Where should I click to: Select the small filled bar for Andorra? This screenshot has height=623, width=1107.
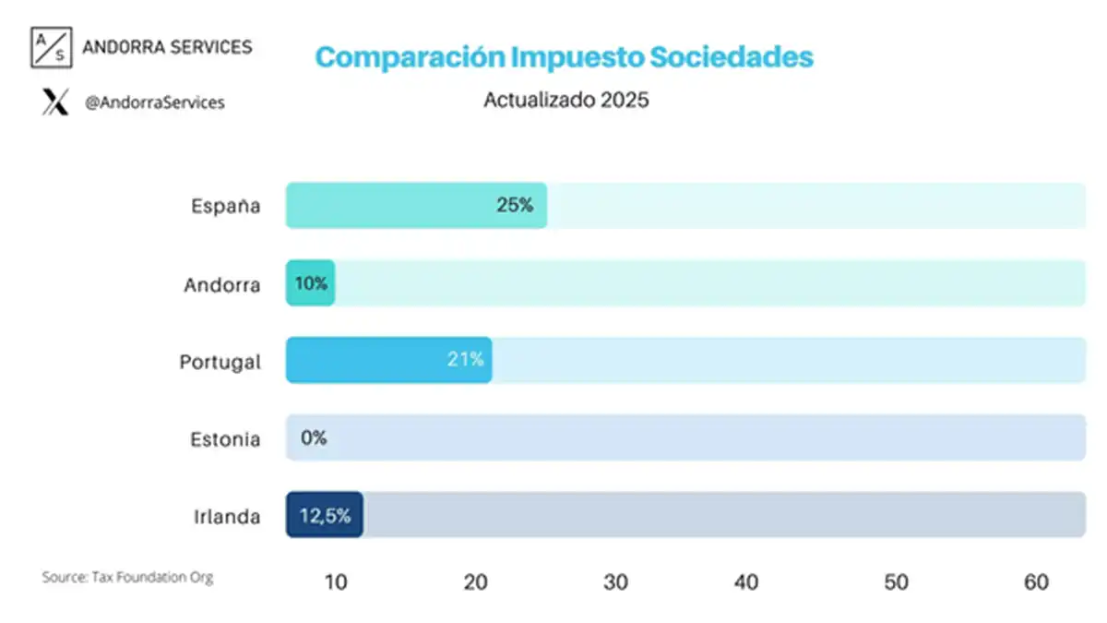coord(310,283)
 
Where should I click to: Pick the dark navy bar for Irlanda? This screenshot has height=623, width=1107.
coord(324,515)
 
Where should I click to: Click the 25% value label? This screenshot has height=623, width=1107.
coord(515,206)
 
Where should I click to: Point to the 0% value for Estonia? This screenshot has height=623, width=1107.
coord(314,438)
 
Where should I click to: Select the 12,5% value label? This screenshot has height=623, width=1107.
coord(325,516)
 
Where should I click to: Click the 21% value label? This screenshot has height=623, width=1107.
coord(465,360)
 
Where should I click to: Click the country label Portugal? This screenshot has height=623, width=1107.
coord(220,362)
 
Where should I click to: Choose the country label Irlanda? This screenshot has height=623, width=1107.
coord(226,517)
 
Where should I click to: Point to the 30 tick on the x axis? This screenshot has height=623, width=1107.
coord(615,582)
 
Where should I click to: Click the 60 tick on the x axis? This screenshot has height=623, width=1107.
coord(1036,582)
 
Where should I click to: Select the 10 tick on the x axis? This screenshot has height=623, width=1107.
coord(336,582)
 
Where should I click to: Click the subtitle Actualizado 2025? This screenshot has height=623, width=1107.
coord(565,101)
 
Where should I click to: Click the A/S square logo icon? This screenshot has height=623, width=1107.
coord(50,48)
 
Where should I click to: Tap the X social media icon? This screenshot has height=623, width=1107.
coord(55,102)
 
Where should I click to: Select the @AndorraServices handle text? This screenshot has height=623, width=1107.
coord(154,103)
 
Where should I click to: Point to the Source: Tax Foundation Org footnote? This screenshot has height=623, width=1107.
coord(127,578)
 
